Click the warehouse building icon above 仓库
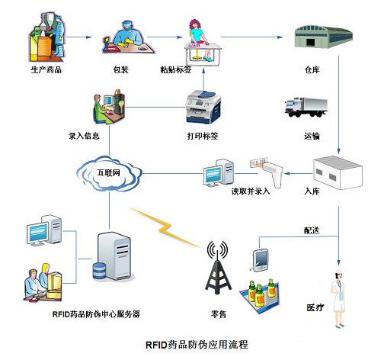coord(323,37)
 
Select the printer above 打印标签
coord(203,105)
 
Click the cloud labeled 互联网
coord(111,174)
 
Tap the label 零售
coord(218,313)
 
